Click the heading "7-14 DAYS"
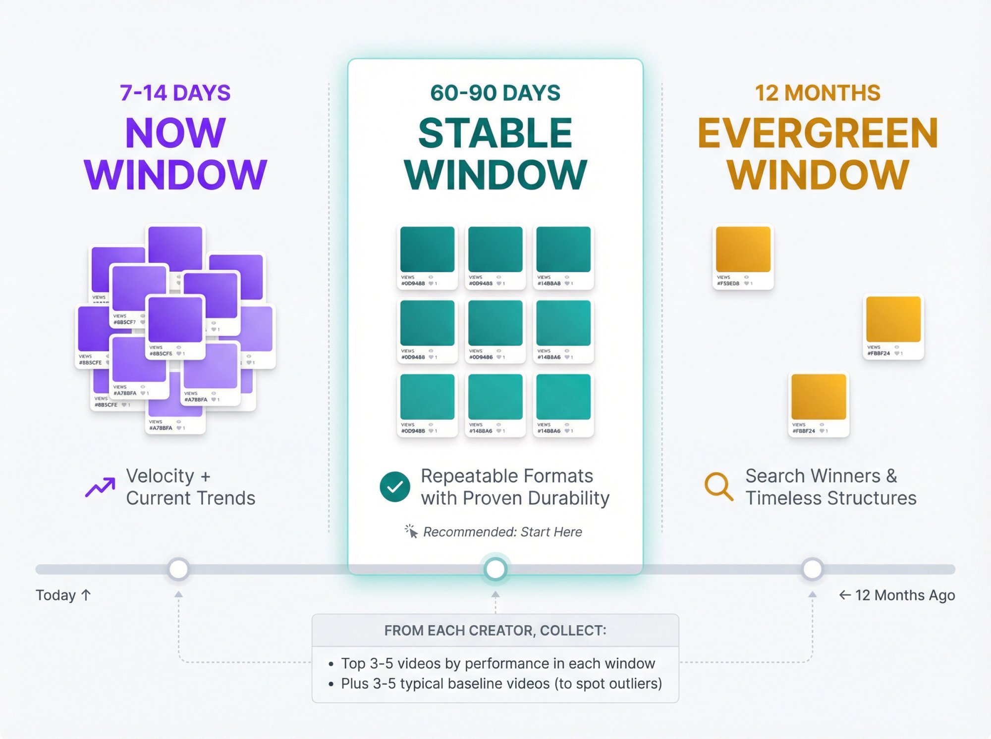(175, 93)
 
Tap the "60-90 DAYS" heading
(495, 93)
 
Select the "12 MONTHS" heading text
(818, 93)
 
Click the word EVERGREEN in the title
(818, 134)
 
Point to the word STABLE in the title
(495, 134)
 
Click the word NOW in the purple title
(175, 134)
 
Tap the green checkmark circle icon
(395, 487)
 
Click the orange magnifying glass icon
(718, 487)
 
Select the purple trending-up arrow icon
(100, 487)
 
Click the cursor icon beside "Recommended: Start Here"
(411, 532)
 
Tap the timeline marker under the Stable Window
(495, 569)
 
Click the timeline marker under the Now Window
(178, 569)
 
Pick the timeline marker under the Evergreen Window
(812, 569)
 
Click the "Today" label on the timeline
(56, 595)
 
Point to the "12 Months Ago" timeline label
(904, 595)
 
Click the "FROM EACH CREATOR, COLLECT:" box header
(495, 631)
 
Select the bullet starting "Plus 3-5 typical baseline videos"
(501, 684)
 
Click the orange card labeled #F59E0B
(743, 256)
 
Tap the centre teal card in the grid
(495, 330)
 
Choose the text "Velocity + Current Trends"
(190, 487)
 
